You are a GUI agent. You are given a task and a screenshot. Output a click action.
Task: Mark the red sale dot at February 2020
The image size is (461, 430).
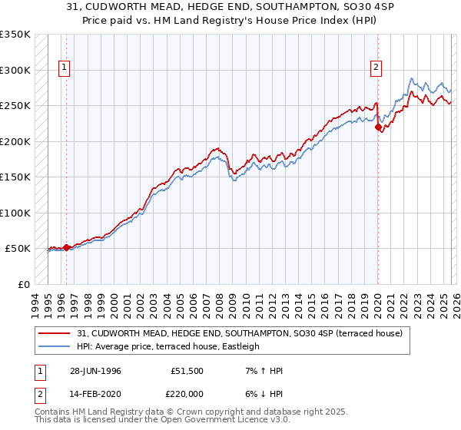(378, 127)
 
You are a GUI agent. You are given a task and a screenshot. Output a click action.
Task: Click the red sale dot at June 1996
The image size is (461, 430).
(67, 247)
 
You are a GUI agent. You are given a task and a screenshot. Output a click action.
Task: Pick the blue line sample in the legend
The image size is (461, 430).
(55, 346)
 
